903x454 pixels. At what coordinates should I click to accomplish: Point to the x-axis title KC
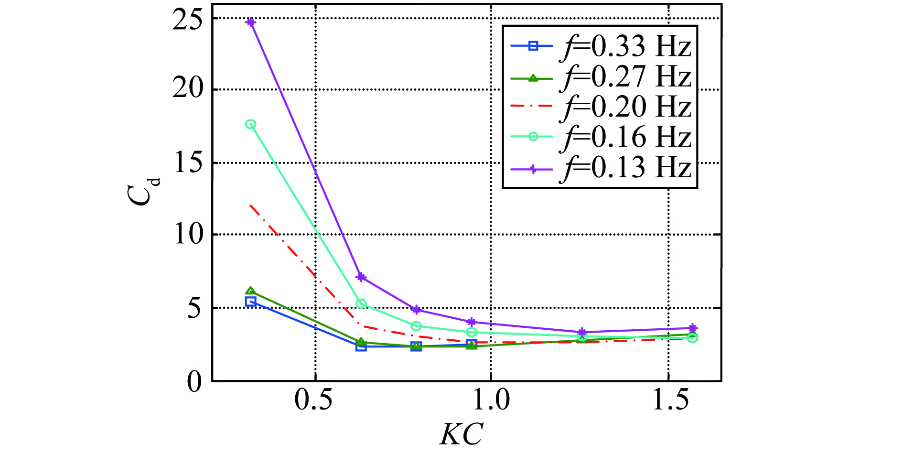[461, 434]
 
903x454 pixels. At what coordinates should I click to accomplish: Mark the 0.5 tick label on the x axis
[313, 400]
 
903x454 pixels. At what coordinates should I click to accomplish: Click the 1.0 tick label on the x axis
[491, 400]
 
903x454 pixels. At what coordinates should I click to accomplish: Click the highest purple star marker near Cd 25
[250, 22]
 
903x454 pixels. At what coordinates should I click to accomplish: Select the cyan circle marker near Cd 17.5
[250, 124]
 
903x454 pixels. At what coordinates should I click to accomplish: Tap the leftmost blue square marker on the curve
[250, 302]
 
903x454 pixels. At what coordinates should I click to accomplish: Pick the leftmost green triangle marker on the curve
[250, 292]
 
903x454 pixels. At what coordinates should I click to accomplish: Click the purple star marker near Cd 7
[361, 277]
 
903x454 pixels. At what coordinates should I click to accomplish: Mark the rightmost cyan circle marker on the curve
[692, 338]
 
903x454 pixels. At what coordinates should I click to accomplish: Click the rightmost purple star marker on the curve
[693, 328]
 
